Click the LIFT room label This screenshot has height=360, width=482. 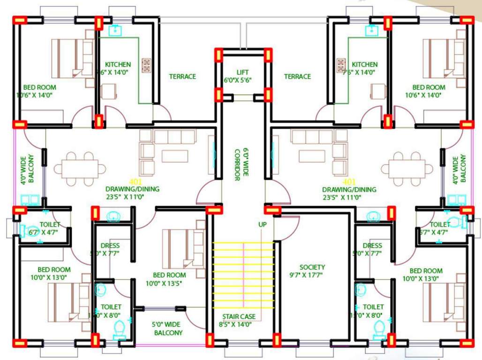coord(242,72)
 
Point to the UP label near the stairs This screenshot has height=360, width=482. coord(263,225)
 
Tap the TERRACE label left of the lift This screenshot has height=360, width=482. coord(182,76)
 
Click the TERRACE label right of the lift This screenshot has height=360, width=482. coord(297,76)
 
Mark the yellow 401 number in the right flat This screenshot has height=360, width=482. coord(349,181)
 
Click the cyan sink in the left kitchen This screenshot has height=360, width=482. coord(115,30)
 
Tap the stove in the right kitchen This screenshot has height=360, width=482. coord(341,66)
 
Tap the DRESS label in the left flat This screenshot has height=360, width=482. coord(110,246)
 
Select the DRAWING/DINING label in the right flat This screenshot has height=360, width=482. coord(349,189)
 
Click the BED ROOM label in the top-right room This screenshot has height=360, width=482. coord(429,87)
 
